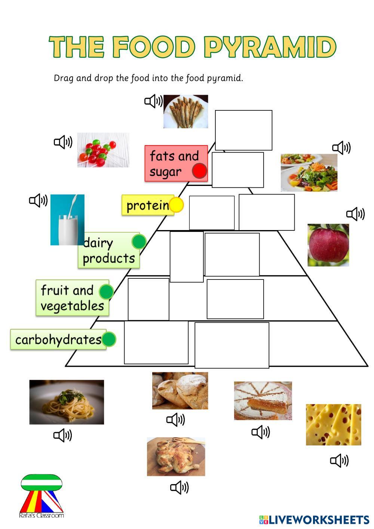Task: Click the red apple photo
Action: (x=328, y=245)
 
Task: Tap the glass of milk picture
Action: (x=67, y=220)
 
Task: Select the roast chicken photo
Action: (x=176, y=456)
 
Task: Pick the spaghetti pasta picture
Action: (x=67, y=402)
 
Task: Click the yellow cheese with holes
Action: (x=333, y=425)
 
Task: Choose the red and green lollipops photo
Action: (x=103, y=150)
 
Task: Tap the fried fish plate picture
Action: (x=186, y=111)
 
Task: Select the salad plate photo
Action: (x=309, y=172)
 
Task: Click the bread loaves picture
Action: (x=180, y=391)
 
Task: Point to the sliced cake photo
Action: (x=263, y=401)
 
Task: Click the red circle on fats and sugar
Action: (x=200, y=171)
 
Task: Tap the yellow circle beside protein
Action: (x=176, y=205)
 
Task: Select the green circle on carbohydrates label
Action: (x=109, y=339)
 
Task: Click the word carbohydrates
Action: (x=58, y=340)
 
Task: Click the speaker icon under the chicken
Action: (x=179, y=487)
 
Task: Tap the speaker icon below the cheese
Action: (x=339, y=460)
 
